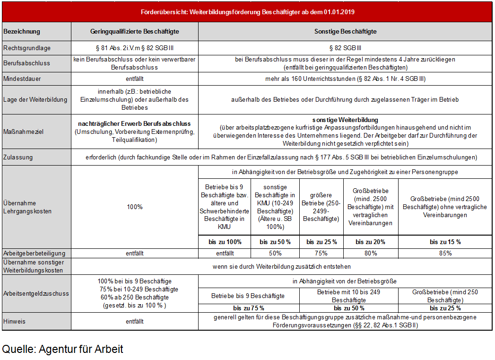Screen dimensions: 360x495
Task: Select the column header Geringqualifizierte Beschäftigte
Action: pos(135,32)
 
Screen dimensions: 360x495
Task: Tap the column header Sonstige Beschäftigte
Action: pos(345,32)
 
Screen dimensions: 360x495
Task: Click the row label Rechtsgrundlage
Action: pos(27,48)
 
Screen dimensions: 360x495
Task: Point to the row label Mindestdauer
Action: pos(22,79)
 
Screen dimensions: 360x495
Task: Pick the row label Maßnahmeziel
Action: pos(23,132)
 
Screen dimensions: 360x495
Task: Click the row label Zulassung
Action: pos(18,157)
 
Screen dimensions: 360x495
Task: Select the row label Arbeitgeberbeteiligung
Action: pos(34,253)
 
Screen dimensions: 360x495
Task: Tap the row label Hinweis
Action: pos(15,321)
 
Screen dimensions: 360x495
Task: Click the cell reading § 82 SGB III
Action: pos(345,48)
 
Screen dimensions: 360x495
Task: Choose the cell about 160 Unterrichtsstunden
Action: pos(345,79)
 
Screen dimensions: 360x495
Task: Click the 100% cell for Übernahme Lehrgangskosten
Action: pos(135,207)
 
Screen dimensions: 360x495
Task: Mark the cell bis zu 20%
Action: pos(370,242)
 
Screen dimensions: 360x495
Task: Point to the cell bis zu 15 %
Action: pos(445,242)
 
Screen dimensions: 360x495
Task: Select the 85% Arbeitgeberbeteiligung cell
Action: pos(445,253)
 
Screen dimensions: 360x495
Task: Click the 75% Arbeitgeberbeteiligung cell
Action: pos(321,253)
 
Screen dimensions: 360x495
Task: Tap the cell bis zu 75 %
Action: pos(248,308)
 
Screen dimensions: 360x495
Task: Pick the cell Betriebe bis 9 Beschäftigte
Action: pos(248,296)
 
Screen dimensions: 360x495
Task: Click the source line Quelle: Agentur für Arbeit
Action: pos(62,349)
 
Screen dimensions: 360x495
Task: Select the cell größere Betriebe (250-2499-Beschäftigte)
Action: pos(321,207)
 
